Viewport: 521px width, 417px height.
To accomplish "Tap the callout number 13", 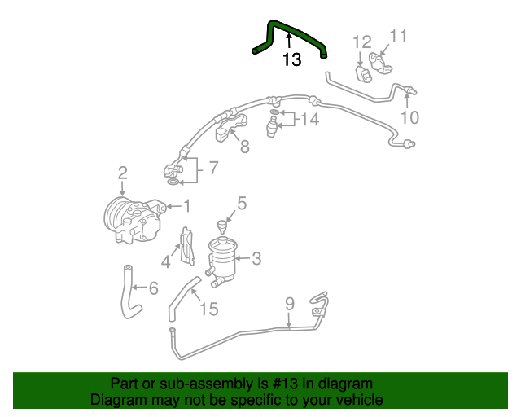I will coord(291,59).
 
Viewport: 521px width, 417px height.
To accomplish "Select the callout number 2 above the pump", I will coord(122,173).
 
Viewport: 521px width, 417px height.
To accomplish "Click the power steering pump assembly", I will coord(134,218).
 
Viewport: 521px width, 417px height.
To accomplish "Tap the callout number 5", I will coord(242,203).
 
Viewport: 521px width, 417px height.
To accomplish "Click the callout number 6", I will coord(152,288).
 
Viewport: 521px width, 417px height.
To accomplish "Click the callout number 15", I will coord(209,309).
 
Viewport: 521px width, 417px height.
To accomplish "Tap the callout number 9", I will coord(289,305).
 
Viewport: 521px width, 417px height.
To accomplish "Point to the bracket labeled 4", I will coord(186,246).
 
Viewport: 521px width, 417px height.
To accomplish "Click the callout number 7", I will coord(213,169).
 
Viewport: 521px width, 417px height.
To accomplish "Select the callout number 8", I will coord(244,147).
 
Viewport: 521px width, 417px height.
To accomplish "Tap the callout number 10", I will coord(409,117).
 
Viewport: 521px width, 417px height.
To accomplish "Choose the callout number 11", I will coord(397,36).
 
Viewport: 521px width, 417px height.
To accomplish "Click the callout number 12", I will coord(361,42).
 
